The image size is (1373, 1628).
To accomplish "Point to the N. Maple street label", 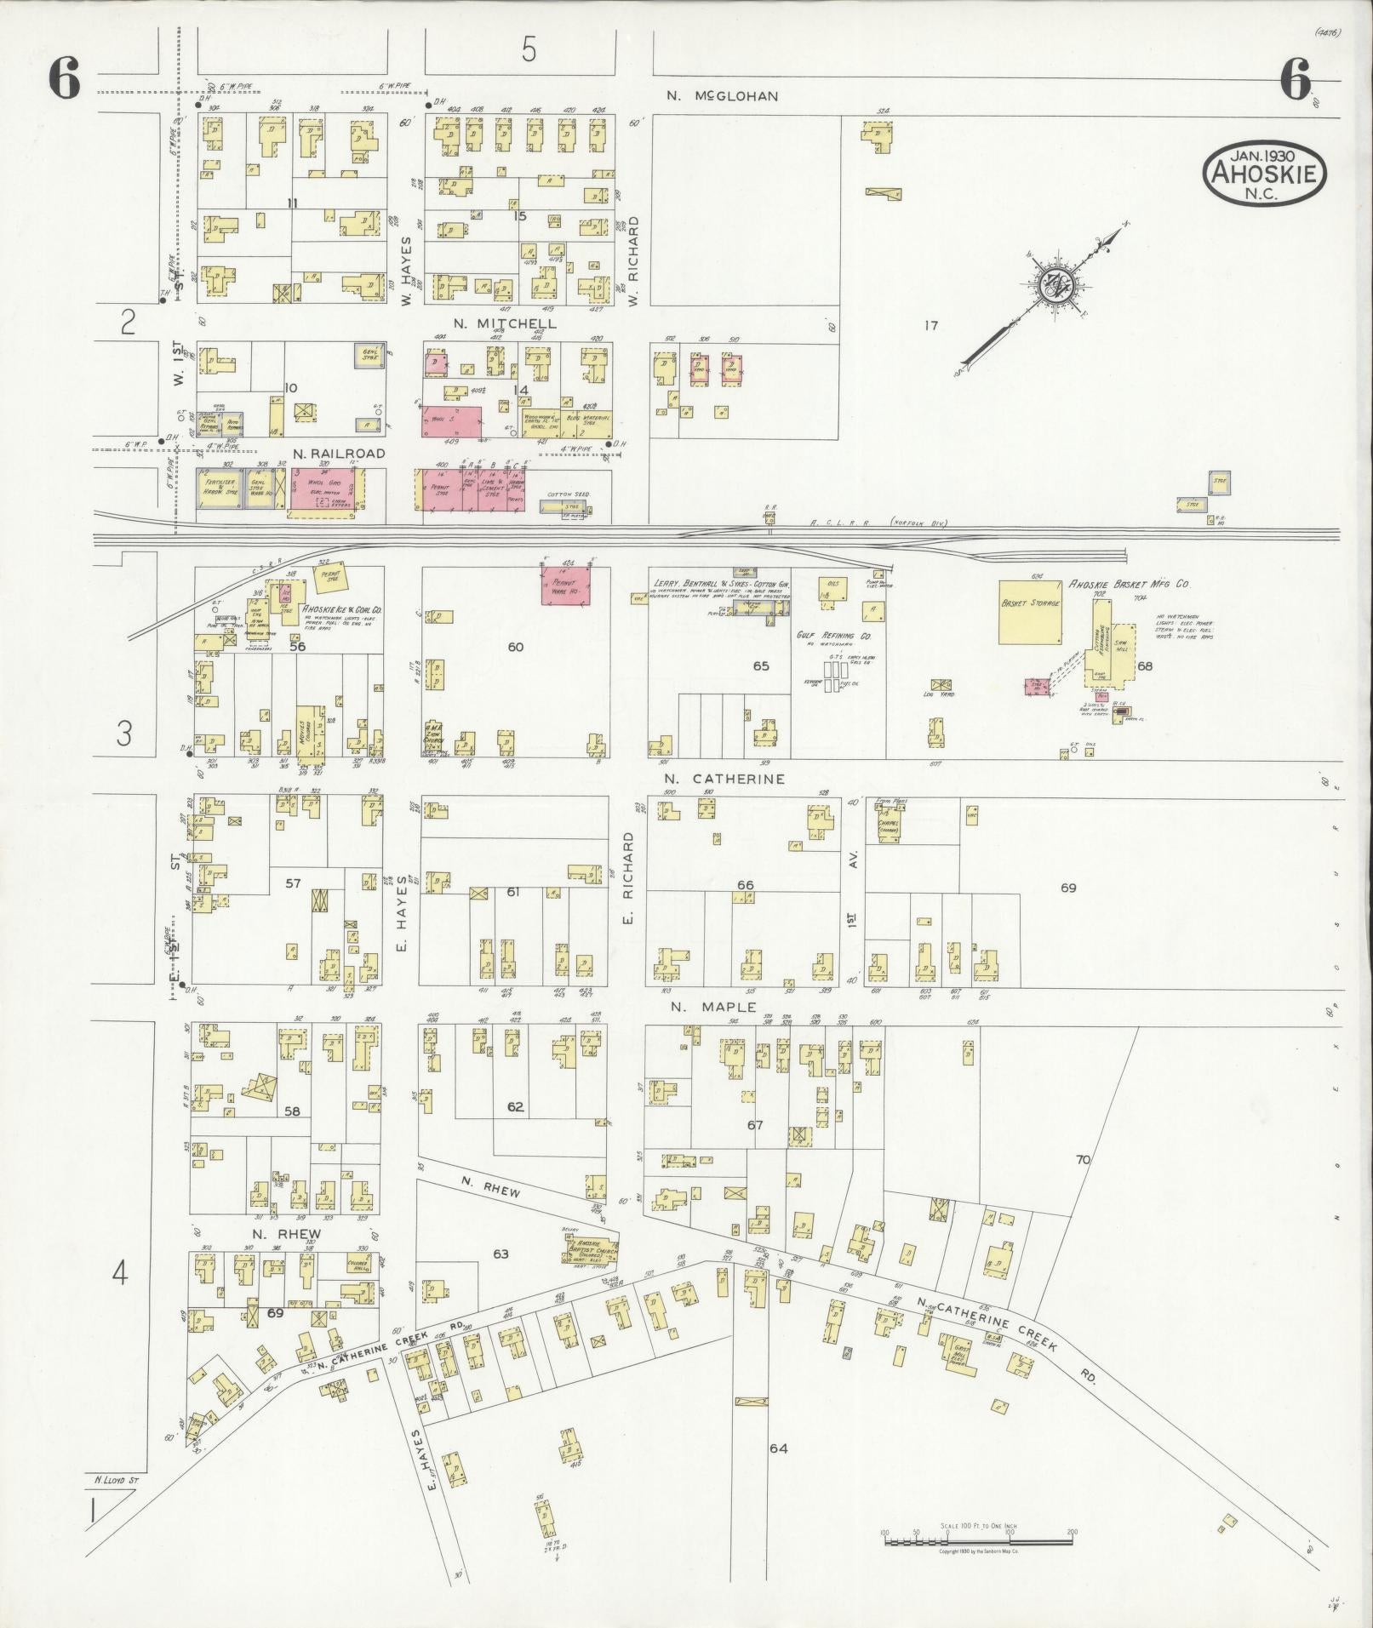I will pyautogui.click(x=712, y=1007).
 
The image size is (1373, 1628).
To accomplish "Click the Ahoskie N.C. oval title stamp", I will pyautogui.click(x=1264, y=174).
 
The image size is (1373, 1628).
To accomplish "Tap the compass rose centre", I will pyautogui.click(x=1056, y=286).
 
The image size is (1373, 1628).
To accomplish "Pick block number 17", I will pyautogui.click(x=930, y=325).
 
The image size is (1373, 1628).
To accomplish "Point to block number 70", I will pyautogui.click(x=1083, y=1159).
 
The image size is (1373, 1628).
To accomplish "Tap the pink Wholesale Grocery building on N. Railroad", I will pyautogui.click(x=327, y=491).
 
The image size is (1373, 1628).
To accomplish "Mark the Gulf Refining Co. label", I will pyautogui.click(x=828, y=636).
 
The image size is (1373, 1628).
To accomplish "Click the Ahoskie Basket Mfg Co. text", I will pyautogui.click(x=1128, y=586).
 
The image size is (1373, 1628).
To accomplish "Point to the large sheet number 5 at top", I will pyautogui.click(x=529, y=51).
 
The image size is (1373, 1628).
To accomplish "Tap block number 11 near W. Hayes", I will pyautogui.click(x=292, y=203).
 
